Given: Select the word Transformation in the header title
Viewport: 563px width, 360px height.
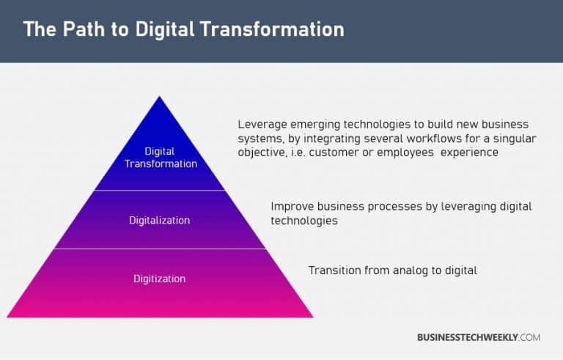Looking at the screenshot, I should [x=273, y=30].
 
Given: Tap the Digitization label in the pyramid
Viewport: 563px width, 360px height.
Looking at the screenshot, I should [x=159, y=279].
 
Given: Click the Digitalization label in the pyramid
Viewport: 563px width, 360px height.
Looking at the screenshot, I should [x=160, y=220].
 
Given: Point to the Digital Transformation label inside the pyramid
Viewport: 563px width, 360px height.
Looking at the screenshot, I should [x=161, y=158].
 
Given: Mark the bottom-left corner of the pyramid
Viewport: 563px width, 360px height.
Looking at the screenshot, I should [x=7, y=317].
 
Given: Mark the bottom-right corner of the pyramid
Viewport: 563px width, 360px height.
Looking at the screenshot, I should [x=313, y=317].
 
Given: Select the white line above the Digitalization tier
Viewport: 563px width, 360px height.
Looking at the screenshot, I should [x=161, y=191].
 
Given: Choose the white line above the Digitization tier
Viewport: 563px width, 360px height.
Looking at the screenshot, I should [x=161, y=249].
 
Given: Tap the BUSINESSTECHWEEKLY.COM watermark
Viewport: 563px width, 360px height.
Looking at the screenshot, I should [x=479, y=337].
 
